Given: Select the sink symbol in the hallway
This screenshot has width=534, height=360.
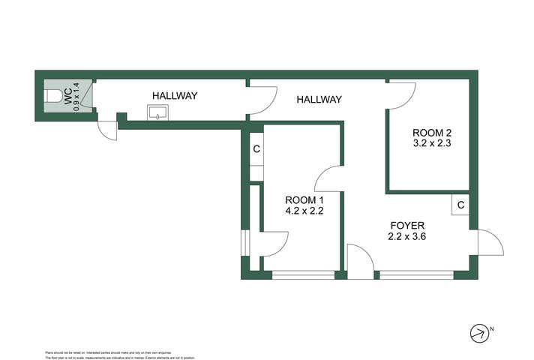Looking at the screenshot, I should point(157,113).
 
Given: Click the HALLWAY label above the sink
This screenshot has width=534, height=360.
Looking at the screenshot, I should point(175,96).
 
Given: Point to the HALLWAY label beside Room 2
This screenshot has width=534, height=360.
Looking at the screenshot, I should point(319,99).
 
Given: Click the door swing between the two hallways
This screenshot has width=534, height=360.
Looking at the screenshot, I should point(261,100).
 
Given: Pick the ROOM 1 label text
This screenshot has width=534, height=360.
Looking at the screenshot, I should point(304,199).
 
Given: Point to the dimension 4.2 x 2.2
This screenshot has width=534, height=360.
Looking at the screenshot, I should point(304,211).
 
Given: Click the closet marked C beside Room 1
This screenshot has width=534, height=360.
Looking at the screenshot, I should point(256,148).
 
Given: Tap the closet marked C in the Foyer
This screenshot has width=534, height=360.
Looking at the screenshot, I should point(460,205).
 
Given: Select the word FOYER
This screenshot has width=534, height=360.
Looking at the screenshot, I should point(407,225).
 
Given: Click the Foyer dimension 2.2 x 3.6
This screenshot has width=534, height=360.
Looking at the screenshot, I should point(407,236).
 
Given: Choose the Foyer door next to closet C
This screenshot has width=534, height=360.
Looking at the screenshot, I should point(489,242).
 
